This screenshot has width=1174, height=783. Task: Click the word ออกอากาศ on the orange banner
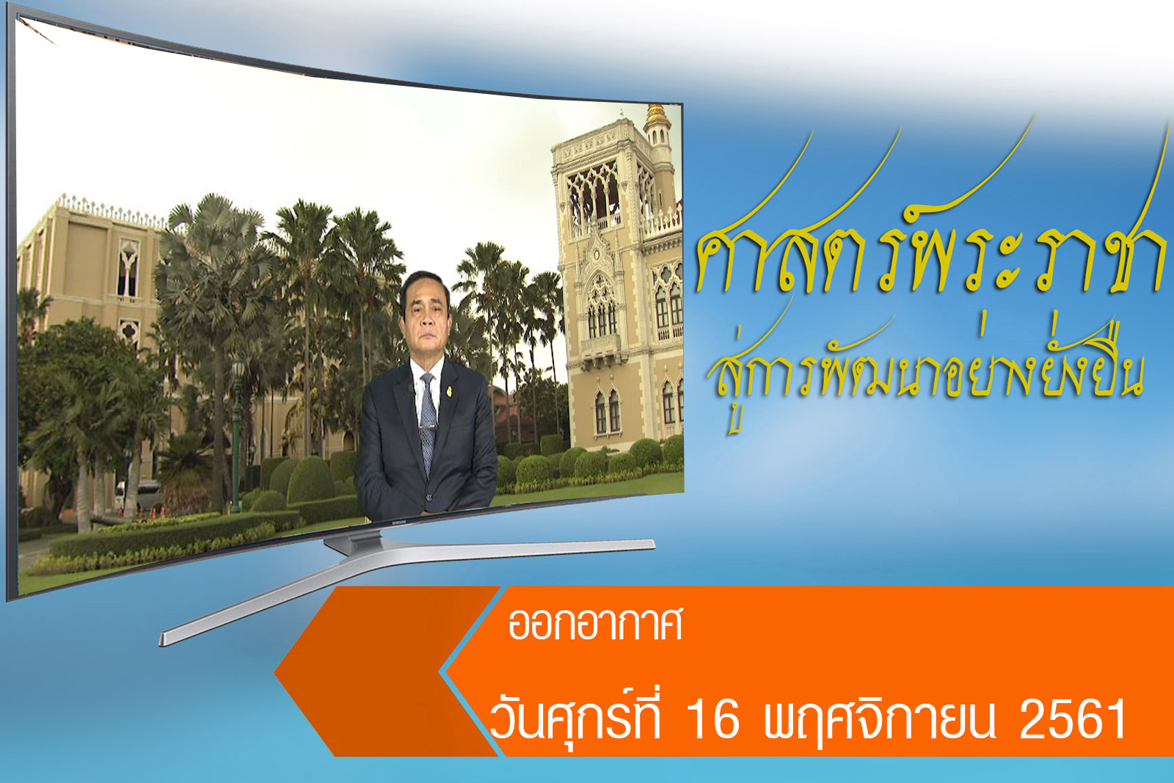[x=595, y=624]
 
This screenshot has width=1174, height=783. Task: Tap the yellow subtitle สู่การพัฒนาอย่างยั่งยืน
[x=925, y=367]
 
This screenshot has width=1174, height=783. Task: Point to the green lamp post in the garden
[x=237, y=435]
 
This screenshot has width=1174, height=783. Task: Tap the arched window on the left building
[x=128, y=267]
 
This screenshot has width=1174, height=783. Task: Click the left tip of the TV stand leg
[x=161, y=639]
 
